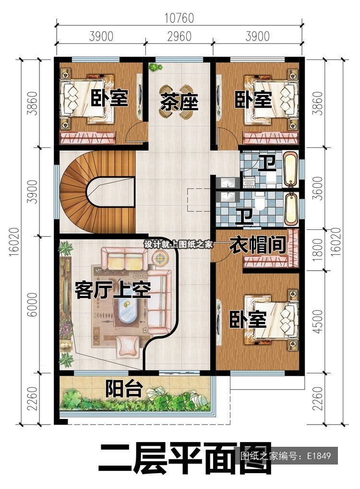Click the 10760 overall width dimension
click(x=179, y=18)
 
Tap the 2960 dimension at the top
click(x=179, y=36)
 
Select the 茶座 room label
click(x=179, y=102)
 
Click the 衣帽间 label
click(x=258, y=245)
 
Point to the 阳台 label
click(x=124, y=388)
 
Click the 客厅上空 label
click(x=113, y=290)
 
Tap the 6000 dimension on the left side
click(x=32, y=304)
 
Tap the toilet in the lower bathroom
click(x=259, y=201)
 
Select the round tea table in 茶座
click(x=179, y=102)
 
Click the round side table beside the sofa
click(x=160, y=258)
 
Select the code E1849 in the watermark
click(x=319, y=456)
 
